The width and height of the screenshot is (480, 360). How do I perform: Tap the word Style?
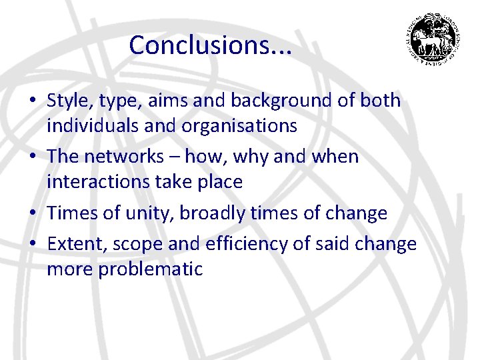click(69, 101)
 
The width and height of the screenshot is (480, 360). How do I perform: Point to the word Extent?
click(73, 245)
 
